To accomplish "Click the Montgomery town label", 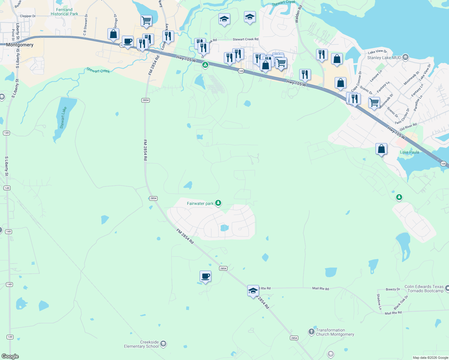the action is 20,45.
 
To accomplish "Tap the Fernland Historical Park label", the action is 64,12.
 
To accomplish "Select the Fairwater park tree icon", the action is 218,203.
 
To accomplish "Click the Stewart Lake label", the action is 63,118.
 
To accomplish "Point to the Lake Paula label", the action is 409,152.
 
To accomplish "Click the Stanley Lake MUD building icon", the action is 405,57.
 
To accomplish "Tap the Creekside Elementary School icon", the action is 163,344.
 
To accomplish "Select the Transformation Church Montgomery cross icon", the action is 311,332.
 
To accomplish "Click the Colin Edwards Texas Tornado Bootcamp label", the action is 424,289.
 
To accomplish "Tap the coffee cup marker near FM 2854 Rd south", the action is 205,276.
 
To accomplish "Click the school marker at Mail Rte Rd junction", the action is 253,291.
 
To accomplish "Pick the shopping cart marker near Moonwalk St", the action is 374,103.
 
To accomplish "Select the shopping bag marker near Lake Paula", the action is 381,149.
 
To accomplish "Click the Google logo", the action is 10,356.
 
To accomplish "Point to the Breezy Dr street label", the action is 393,289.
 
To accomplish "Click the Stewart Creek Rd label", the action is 246,39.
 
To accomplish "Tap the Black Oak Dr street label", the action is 401,302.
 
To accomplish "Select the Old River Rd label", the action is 408,127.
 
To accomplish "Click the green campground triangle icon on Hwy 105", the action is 205,64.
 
